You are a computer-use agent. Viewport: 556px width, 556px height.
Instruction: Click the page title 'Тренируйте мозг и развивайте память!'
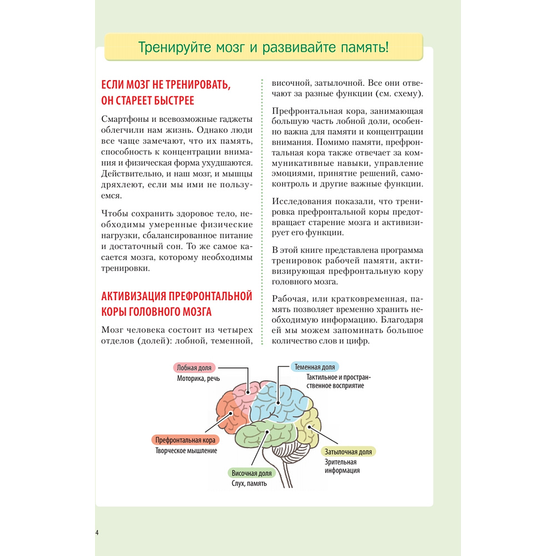pyautogui.click(x=264, y=47)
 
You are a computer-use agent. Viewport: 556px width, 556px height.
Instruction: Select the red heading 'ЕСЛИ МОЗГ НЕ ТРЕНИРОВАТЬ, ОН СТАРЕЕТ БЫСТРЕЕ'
pyautogui.click(x=165, y=92)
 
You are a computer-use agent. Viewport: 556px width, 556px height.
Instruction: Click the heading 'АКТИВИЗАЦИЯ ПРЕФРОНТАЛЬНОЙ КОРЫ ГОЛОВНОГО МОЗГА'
pyautogui.click(x=177, y=303)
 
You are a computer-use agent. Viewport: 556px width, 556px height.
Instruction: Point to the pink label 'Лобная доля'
pyautogui.click(x=193, y=368)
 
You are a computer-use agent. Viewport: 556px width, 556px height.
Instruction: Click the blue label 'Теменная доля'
pyautogui.click(x=315, y=368)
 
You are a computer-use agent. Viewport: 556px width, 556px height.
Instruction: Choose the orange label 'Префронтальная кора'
pyautogui.click(x=185, y=440)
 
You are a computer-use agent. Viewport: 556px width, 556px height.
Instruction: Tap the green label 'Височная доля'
pyautogui.click(x=251, y=473)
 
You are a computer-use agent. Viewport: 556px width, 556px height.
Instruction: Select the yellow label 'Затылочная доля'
pyautogui.click(x=349, y=451)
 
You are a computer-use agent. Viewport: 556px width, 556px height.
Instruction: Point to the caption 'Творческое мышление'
pyautogui.click(x=186, y=451)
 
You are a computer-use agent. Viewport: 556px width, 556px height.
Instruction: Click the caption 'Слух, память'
pyautogui.click(x=249, y=483)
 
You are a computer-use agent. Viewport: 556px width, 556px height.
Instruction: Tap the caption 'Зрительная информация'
pyautogui.click(x=342, y=466)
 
